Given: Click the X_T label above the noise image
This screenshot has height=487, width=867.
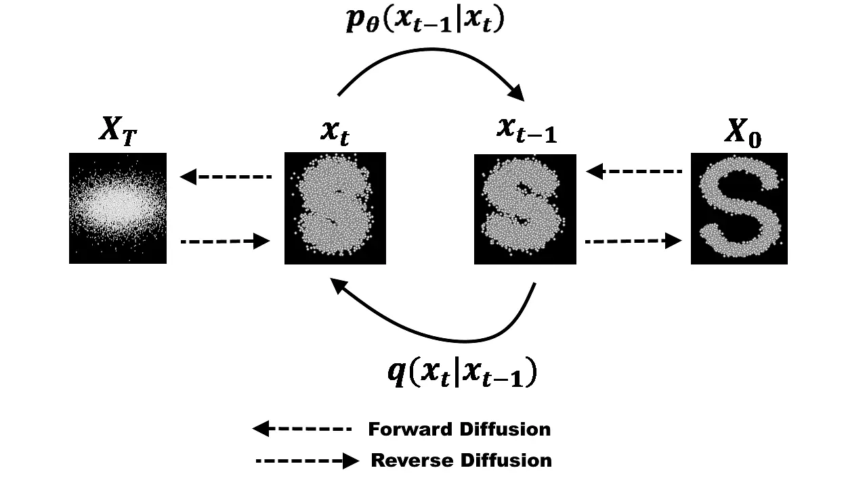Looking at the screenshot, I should click(119, 131).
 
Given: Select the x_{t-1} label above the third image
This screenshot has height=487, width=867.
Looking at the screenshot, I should click(526, 131).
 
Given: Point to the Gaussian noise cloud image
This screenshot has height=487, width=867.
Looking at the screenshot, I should click(118, 208).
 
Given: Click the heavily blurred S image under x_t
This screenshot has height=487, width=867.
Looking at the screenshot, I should click(335, 208).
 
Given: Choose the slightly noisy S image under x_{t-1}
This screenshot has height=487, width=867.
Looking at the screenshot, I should click(525, 209).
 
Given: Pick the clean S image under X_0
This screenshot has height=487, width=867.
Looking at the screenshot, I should click(739, 208).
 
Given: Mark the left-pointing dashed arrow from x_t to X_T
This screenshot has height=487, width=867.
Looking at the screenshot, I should click(226, 177).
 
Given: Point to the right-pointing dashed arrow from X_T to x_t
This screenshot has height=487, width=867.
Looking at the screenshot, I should click(226, 240).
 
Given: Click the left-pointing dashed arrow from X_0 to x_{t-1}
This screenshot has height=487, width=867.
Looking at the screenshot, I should click(634, 172).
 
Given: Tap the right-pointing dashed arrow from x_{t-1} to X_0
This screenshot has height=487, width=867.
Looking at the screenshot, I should click(633, 240).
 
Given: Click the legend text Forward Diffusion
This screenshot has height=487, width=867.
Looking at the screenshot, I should click(459, 429).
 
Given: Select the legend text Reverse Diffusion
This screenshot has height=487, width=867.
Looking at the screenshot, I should click(461, 461).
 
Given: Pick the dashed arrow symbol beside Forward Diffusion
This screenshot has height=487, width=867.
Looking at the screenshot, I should click(302, 428).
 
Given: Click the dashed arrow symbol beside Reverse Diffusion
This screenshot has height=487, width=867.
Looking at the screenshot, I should click(307, 461).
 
